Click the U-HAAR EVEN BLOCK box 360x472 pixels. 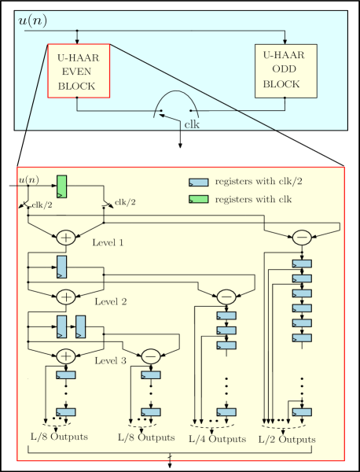[x=79, y=71]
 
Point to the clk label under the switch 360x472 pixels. [x=191, y=124]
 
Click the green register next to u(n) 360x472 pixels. [x=61, y=186]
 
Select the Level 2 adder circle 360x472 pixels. [x=66, y=296]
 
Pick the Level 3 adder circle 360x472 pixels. [x=66, y=356]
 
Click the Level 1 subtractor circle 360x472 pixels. [x=301, y=236]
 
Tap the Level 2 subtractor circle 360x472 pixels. [x=226, y=296]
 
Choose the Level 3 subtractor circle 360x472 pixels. [x=151, y=356]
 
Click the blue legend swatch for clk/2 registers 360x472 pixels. [x=197, y=183]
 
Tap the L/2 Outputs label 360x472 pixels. [x=288, y=438]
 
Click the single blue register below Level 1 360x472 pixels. [x=61, y=267]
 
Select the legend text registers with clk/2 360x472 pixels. [x=253, y=183]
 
